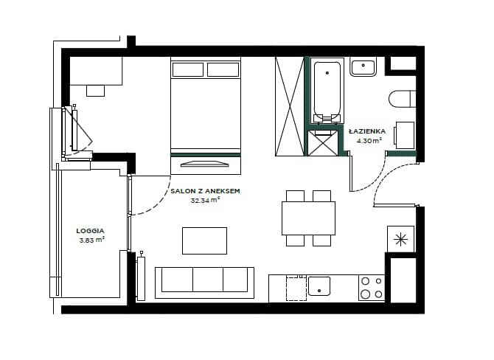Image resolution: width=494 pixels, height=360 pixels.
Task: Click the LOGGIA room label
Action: click(90, 231)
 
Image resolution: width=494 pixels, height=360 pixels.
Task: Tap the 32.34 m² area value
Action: click(205, 200)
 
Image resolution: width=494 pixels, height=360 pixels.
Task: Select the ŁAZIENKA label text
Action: click(367, 131)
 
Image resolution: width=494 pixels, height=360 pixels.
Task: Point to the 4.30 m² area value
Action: click(369, 141)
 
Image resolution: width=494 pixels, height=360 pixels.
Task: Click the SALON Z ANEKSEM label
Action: click(205, 191)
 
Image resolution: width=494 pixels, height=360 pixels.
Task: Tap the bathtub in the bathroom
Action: click(327, 91)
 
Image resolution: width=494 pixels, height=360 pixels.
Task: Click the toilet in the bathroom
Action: click(402, 99)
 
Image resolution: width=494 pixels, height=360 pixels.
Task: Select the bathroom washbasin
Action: click(363, 66)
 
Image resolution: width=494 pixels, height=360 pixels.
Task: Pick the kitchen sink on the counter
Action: click(319, 286)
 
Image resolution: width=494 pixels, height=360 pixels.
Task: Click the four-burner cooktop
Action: click(372, 288)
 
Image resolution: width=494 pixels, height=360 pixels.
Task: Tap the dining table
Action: click(308, 218)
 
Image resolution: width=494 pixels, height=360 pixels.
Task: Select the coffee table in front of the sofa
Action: click(204, 240)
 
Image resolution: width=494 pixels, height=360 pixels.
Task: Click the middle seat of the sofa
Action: click(208, 280)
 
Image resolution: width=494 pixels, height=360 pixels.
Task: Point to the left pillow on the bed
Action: click(188, 69)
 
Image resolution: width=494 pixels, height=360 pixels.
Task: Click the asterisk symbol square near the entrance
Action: click(400, 239)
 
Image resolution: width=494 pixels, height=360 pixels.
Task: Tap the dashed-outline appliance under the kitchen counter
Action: click(296, 288)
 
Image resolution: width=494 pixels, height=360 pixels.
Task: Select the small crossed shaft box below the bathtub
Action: click(323, 143)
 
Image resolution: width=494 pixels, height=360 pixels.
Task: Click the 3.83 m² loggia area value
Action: click(91, 240)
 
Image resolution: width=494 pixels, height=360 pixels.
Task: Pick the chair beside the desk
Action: click(95, 91)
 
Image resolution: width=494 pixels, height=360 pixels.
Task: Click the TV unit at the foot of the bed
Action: click(206, 165)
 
